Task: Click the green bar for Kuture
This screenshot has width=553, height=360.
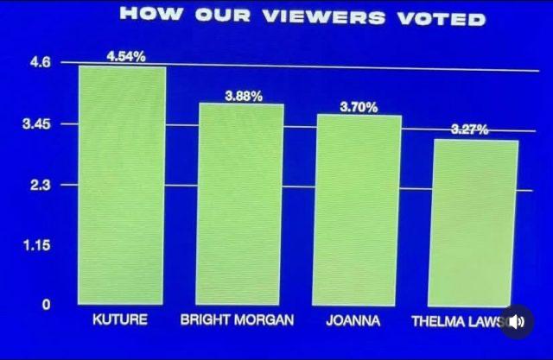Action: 122,185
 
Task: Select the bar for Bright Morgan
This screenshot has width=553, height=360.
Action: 241,204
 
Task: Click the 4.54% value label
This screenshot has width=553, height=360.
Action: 126,56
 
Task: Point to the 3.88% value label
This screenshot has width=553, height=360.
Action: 244,96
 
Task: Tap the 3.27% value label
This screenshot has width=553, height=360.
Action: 470,129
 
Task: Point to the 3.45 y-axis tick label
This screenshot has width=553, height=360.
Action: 38,124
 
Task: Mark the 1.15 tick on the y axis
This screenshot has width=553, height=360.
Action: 38,246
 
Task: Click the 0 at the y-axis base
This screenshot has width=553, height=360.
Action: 48,304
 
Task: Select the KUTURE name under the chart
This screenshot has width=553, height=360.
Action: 119,319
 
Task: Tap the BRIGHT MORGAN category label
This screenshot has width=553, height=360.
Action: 237,320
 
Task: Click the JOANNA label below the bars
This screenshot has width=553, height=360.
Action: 353,320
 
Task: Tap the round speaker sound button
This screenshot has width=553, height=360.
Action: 518,321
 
